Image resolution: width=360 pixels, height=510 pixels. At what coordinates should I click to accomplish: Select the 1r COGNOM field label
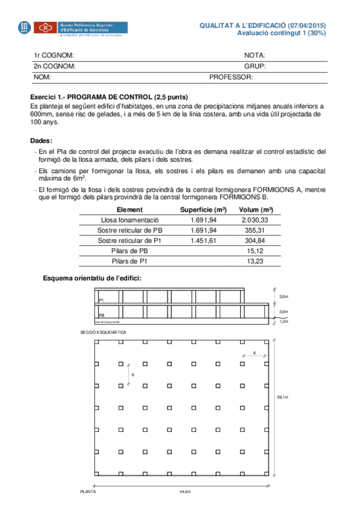[53, 55]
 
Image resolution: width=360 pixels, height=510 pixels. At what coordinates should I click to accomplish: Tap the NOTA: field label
[255, 55]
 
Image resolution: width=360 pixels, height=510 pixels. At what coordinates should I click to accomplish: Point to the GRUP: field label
[255, 66]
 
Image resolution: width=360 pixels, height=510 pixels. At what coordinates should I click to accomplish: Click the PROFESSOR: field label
[231, 78]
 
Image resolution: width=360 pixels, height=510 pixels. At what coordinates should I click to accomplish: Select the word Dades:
[41, 140]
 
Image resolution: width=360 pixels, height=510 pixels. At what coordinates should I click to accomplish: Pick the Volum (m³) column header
[256, 210]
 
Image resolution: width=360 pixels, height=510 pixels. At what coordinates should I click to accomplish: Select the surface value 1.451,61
[203, 241]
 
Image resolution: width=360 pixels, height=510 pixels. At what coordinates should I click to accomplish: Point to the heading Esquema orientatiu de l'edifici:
[92, 278]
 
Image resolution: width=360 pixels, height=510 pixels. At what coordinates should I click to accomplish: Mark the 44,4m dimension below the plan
[185, 491]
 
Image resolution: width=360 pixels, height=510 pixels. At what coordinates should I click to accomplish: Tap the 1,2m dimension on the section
[284, 322]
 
